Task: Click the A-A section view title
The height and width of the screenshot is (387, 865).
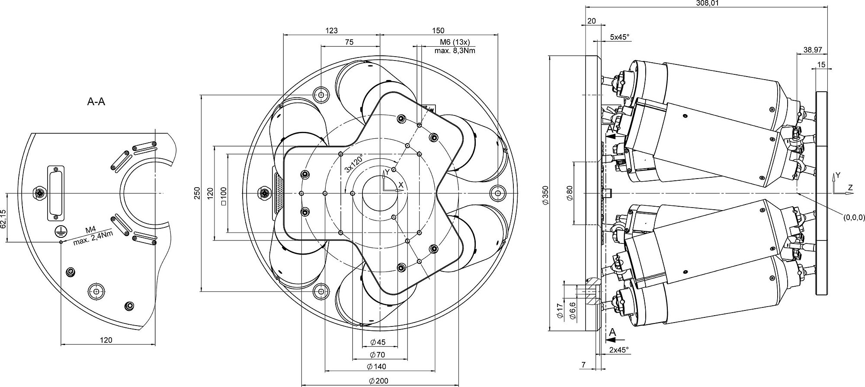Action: click(96, 102)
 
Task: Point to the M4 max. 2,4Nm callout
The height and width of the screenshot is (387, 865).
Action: click(92, 237)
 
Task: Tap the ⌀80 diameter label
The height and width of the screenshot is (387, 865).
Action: click(570, 192)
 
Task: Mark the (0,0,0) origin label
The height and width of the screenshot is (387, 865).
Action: click(854, 218)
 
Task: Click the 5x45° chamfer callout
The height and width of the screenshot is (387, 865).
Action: click(619, 37)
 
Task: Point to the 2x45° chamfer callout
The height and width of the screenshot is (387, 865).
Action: click(618, 349)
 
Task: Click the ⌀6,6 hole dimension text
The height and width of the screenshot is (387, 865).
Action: click(573, 310)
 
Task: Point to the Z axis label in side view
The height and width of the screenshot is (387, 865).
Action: click(850, 187)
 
